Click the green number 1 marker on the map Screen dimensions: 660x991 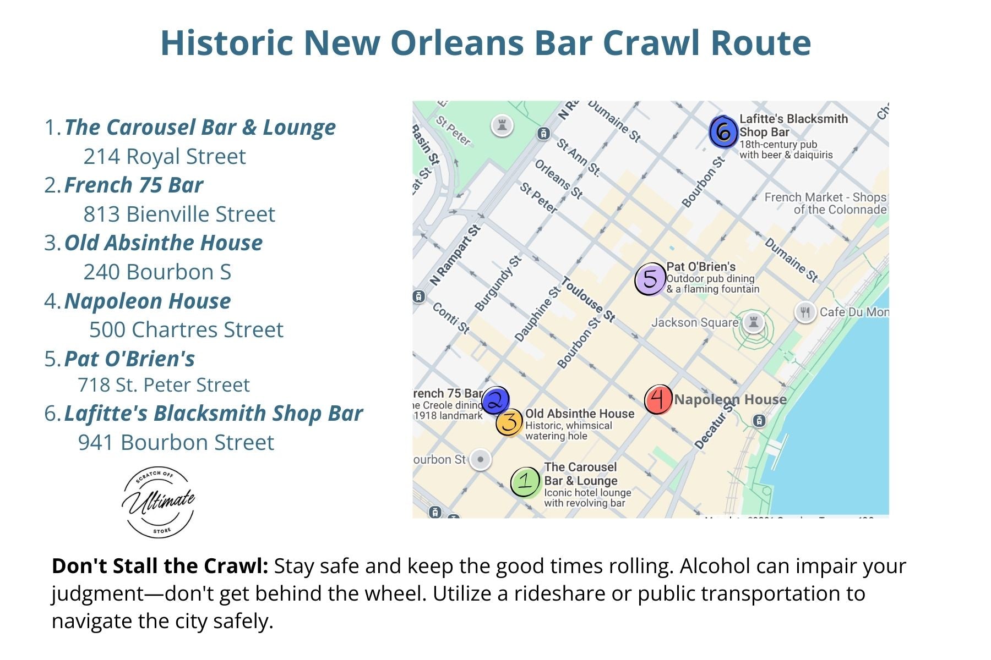[525, 482]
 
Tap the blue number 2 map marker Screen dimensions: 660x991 [495, 400]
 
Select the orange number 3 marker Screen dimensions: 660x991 [509, 422]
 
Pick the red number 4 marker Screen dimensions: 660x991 [658, 399]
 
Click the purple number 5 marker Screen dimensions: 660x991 [650, 279]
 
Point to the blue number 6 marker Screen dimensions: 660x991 [723, 132]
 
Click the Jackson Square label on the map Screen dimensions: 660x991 [694, 323]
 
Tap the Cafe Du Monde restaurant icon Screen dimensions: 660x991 [805, 312]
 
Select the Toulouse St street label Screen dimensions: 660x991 [588, 300]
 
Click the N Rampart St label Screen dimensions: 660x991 [455, 255]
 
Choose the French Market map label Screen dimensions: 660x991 [825, 204]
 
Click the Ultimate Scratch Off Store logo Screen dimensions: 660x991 [159, 502]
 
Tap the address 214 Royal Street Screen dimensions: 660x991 [164, 157]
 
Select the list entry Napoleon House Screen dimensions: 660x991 [147, 301]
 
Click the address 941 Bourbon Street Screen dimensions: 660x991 [176, 443]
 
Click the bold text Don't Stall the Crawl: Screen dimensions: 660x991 [160, 566]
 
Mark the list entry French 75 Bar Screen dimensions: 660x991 [133, 185]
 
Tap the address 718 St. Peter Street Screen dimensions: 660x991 [164, 385]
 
